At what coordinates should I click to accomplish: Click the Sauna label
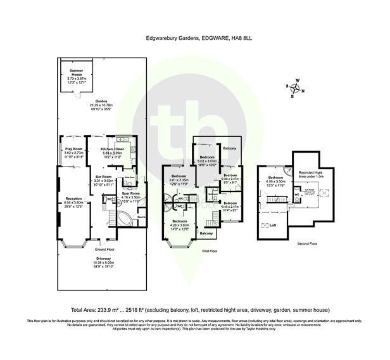click(142, 217)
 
